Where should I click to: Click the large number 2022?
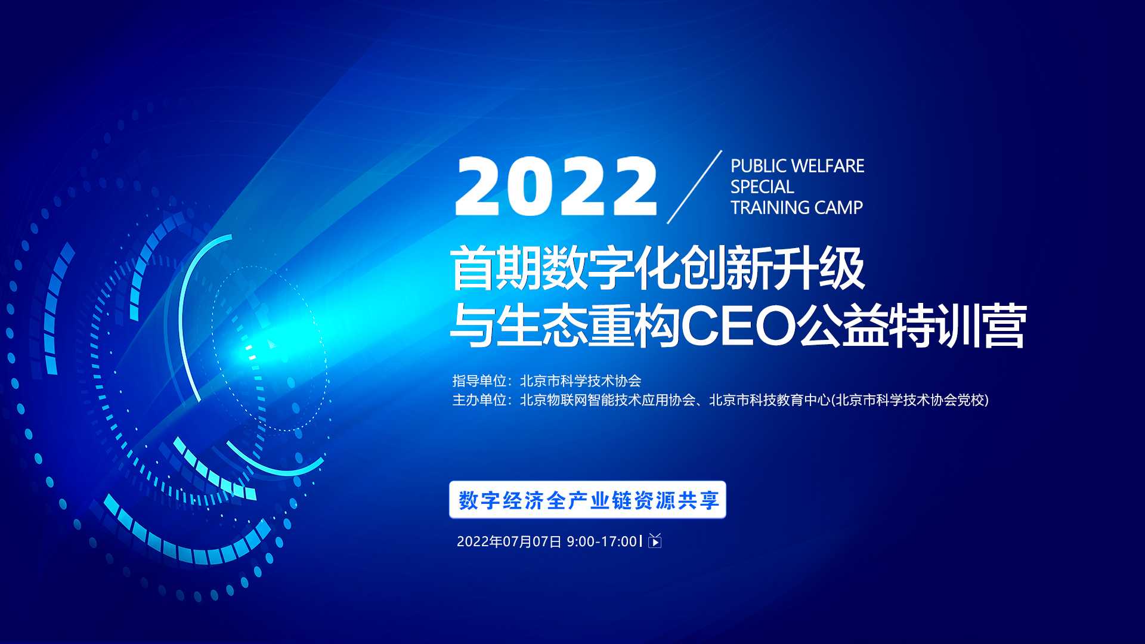[x=556, y=186]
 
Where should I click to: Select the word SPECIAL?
[x=762, y=187]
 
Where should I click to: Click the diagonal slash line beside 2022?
[x=694, y=187]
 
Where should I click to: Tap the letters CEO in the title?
[x=739, y=326]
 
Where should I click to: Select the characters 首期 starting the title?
[x=495, y=269]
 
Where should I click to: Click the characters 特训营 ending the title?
[x=958, y=326]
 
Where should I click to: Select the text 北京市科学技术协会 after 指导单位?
[x=580, y=380]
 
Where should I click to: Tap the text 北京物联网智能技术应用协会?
[x=608, y=400]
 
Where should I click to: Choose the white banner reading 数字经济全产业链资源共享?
[x=587, y=500]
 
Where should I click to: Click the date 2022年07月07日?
[x=509, y=541]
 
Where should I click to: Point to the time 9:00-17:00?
[x=602, y=541]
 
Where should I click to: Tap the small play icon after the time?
[x=655, y=541]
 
